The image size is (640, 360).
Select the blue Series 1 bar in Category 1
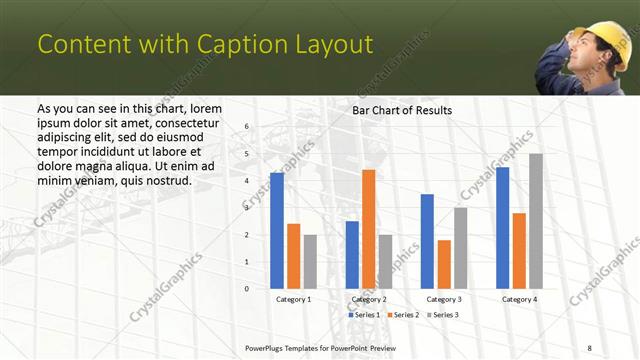point(276,230)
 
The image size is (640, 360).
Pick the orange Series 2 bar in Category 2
point(369,229)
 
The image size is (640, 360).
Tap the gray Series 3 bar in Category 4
point(536,221)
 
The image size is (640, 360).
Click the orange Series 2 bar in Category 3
point(444,264)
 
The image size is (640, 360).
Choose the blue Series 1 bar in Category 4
point(502,228)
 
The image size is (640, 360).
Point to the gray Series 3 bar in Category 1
point(310,261)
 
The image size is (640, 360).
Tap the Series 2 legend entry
point(402,315)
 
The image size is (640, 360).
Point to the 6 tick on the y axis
point(247,127)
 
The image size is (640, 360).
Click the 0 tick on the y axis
point(247,288)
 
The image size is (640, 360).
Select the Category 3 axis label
point(444,299)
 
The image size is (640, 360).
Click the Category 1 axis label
point(293,299)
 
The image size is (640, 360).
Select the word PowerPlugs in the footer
point(269,348)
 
